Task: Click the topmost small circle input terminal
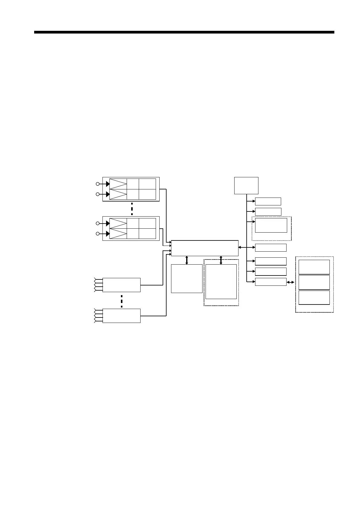[x=98, y=184]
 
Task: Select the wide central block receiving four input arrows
[x=205, y=248]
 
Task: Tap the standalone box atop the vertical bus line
[x=246, y=185]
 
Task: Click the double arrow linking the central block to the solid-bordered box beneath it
[x=186, y=260]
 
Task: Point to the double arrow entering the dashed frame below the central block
[x=221, y=260]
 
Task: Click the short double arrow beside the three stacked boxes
[x=290, y=282]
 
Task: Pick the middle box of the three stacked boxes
[x=314, y=282]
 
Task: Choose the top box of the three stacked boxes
[x=314, y=267]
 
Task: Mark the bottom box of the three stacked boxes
[x=314, y=298]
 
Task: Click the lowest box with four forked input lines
[x=122, y=316]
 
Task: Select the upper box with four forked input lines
[x=122, y=285]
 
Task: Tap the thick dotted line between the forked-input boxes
[x=122, y=301]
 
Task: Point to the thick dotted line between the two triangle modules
[x=132, y=209]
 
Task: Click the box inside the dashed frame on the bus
[x=271, y=225]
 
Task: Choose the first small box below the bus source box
[x=268, y=201]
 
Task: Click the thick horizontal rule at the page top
[x=184, y=32]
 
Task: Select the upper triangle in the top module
[x=118, y=184]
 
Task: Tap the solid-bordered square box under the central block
[x=186, y=279]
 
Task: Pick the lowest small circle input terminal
[x=98, y=234]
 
